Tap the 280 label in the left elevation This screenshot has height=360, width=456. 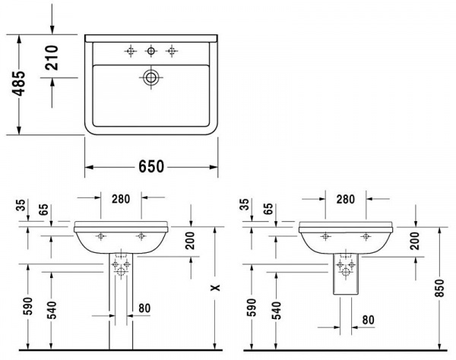point(120,199)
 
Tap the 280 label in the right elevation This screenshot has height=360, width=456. point(346,199)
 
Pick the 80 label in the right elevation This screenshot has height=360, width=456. point(368,320)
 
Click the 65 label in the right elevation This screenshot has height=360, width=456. point(269,210)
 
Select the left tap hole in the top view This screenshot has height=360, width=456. point(131,51)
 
